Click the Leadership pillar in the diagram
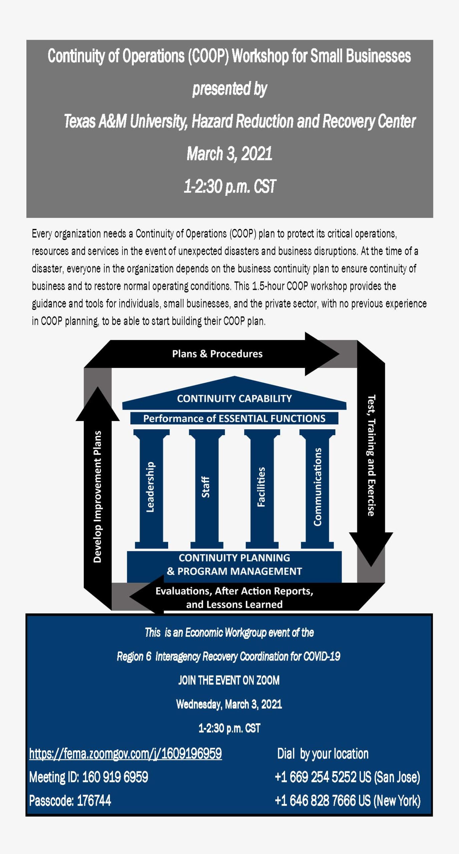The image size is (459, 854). tap(151, 489)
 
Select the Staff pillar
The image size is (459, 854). tap(206, 489)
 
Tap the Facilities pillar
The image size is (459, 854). tap(262, 489)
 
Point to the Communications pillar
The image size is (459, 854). tap(317, 489)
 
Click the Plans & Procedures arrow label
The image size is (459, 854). tap(217, 354)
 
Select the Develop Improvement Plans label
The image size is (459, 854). tap(97, 497)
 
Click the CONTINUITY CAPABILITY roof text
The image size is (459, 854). tap(234, 398)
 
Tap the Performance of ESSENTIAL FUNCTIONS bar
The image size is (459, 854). tap(234, 418)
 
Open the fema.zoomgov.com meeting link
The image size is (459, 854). tap(125, 754)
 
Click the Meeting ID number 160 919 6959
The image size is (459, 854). tap(115, 777)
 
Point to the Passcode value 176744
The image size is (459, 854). tap(94, 800)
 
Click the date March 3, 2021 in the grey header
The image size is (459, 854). tap(229, 154)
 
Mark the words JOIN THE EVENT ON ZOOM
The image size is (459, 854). tap(229, 680)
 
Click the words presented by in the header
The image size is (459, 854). tap(229, 89)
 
